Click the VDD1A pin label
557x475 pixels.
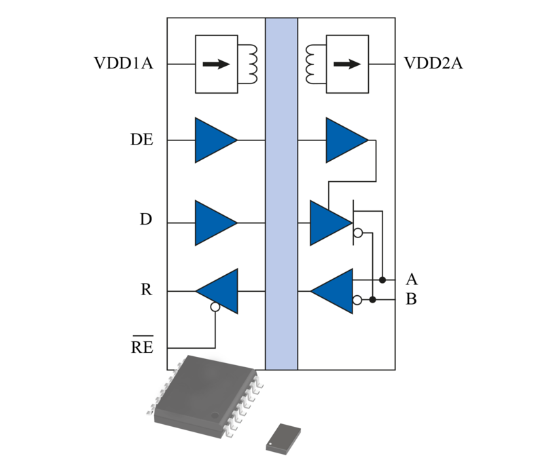pos(123,64)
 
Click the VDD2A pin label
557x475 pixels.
pos(433,64)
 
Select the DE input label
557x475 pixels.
pos(142,140)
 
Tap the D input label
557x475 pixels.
pos(146,221)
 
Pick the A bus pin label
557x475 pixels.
pos(411,279)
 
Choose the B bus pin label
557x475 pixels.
pos(411,299)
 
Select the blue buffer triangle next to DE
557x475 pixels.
pos(215,140)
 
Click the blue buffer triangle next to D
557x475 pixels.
pos(215,223)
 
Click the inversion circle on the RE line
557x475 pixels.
pos(215,307)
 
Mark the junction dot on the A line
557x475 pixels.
pos(383,280)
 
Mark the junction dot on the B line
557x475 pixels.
pos(372,299)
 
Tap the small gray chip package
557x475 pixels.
pos(284,436)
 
